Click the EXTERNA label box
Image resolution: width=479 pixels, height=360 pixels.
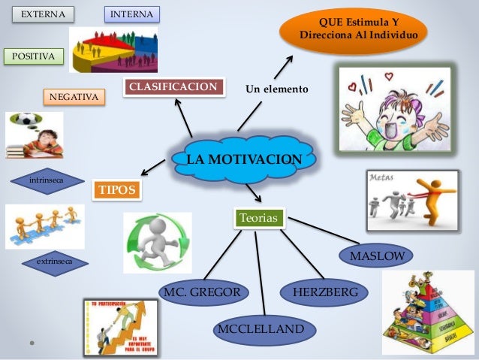[43, 14]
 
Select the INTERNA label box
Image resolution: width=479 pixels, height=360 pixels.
[131, 14]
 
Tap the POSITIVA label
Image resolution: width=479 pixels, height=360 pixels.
[34, 56]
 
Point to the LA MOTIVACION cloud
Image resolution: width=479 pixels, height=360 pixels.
[244, 159]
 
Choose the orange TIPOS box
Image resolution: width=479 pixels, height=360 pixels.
[116, 191]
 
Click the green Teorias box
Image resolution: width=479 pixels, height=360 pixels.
[259, 218]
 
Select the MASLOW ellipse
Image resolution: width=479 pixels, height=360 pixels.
[377, 257]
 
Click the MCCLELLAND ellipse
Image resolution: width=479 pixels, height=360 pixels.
[261, 329]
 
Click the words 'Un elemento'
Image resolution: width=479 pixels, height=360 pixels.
[277, 89]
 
